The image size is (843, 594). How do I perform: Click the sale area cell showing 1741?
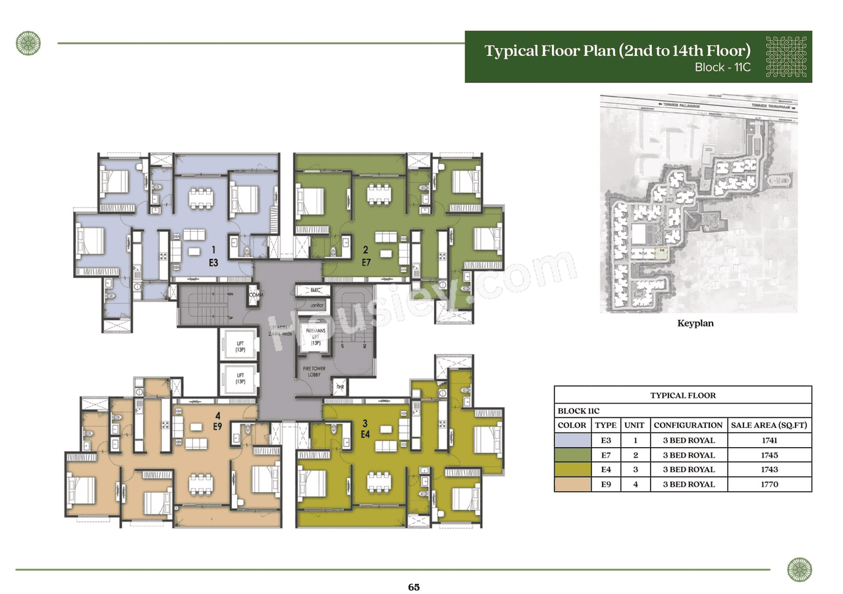click(769, 440)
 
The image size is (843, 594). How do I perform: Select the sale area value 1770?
click(769, 484)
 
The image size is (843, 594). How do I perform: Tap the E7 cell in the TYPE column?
click(605, 455)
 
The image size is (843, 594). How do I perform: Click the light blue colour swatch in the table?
click(572, 440)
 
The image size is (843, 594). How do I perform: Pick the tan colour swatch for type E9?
click(572, 484)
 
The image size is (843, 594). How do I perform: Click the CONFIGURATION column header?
click(688, 425)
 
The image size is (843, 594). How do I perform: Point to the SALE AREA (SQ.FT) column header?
click(769, 425)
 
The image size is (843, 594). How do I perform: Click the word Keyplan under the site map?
click(695, 323)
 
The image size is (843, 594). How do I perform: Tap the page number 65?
click(414, 587)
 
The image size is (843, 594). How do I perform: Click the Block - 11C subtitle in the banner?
click(722, 67)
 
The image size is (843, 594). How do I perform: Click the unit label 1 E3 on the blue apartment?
click(213, 255)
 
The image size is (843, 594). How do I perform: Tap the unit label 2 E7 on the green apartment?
click(366, 255)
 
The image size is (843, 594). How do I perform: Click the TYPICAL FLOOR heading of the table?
click(682, 396)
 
